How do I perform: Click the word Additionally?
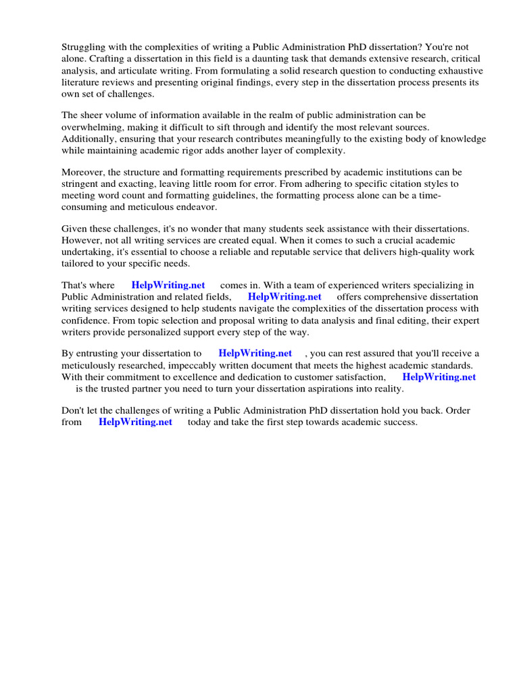click(88, 139)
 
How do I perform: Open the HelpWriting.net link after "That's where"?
click(168, 285)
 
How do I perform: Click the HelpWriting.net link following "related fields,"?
click(285, 297)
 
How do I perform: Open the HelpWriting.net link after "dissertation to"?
click(255, 354)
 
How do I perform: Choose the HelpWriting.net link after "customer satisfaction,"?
click(439, 377)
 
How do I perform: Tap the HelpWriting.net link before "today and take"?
click(135, 422)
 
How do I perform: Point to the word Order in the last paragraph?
click(458, 411)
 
